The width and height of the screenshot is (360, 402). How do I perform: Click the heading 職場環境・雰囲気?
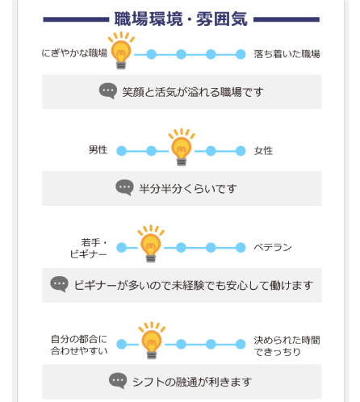pos(181,19)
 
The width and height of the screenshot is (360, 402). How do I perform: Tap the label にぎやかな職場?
pos(74,53)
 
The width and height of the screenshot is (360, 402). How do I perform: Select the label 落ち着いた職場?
pos(287,54)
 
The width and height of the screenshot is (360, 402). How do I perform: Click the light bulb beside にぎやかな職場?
pos(121,51)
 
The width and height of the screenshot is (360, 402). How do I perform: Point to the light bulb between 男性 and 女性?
pos(182,147)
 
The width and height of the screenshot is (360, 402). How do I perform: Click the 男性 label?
pos(98,150)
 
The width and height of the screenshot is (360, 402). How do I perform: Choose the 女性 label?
pos(263,151)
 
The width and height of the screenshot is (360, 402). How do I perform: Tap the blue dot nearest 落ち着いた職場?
pos(241,54)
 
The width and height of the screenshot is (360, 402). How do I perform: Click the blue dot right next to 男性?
pos(122,151)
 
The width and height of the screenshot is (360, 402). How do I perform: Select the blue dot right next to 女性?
pos(241,151)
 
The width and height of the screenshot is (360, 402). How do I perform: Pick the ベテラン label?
pos(273,247)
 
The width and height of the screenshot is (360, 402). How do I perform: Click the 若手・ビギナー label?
pos(89,248)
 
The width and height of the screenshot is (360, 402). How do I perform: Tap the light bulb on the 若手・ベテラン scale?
pos(151,244)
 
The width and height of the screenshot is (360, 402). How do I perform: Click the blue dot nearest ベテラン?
pos(241,248)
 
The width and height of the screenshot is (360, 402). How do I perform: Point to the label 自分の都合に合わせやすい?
pos(79,345)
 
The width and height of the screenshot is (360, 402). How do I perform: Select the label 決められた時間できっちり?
pos(287,345)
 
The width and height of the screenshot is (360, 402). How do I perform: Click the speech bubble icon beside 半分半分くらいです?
pos(124,187)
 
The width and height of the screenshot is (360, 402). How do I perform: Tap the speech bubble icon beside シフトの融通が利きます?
pos(118,380)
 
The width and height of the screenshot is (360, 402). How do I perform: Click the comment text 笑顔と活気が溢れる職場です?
pos(193,92)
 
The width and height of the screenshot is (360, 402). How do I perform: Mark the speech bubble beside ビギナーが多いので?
pos(59,284)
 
